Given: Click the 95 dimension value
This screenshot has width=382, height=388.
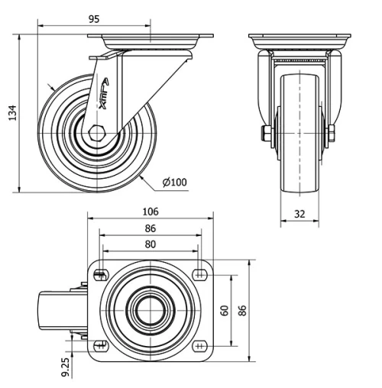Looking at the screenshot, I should pos(94,19).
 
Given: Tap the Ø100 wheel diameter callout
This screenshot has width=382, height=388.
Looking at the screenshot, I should pos(175,182).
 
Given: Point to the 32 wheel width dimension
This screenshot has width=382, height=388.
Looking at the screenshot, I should pos(299,215).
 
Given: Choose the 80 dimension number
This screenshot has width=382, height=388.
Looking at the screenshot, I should pos(150,244).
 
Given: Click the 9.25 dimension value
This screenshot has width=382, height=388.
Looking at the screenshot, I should pos(66,367).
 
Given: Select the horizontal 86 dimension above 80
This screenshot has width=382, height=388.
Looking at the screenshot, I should pos(150,228).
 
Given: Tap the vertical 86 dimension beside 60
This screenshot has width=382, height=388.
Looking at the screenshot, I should pos(243,310).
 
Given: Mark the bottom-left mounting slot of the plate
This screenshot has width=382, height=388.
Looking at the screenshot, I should pos(100,345).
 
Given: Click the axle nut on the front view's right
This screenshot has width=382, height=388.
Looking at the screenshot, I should pos(331,135).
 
